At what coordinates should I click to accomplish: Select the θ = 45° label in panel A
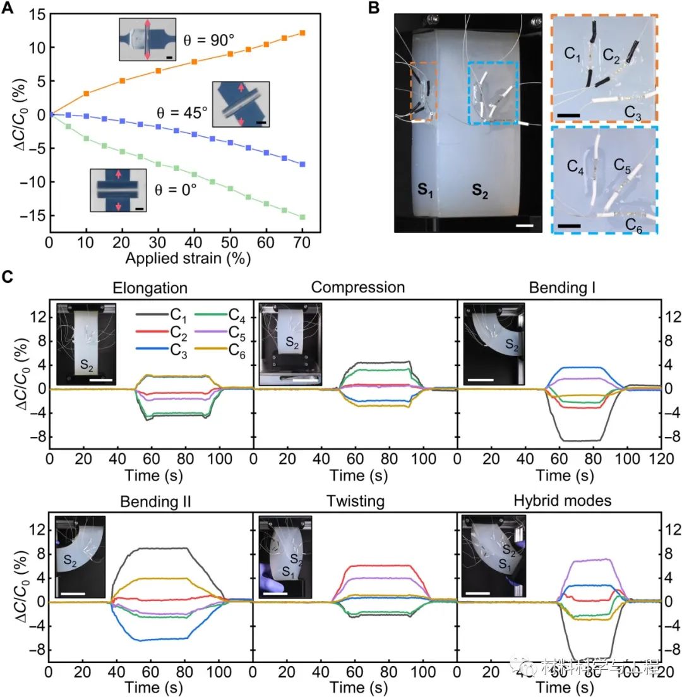tap(182, 114)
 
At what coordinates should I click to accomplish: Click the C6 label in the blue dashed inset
tap(634, 225)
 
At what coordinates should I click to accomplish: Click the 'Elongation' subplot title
tap(150, 289)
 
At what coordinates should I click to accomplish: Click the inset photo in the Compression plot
tap(290, 344)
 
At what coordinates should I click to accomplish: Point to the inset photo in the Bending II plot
tap(80, 557)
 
